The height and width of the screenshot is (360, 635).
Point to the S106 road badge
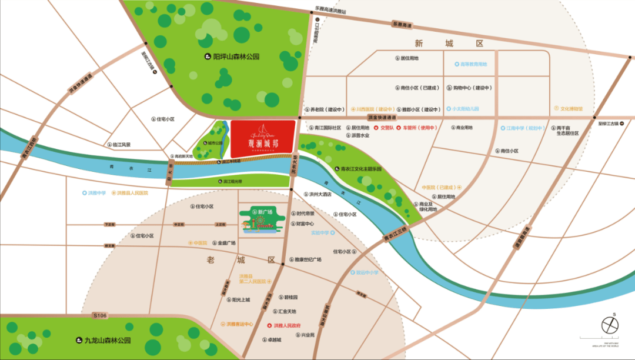pos(101,316)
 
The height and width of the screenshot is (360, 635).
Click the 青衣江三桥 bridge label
pos(395,233)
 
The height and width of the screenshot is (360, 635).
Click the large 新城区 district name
pos(448,44)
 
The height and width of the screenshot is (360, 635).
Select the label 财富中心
pos(305,224)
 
